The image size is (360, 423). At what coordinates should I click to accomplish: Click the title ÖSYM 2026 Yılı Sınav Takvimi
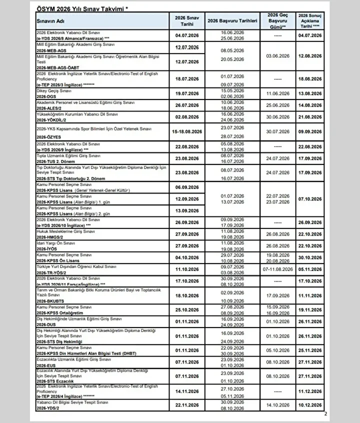[85, 9]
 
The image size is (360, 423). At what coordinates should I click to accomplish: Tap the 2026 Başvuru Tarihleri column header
[231, 21]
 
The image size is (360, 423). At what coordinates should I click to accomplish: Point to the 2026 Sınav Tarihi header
[184, 21]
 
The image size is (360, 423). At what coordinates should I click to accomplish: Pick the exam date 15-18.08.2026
[184, 131]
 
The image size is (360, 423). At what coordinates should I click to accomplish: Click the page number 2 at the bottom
[325, 413]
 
